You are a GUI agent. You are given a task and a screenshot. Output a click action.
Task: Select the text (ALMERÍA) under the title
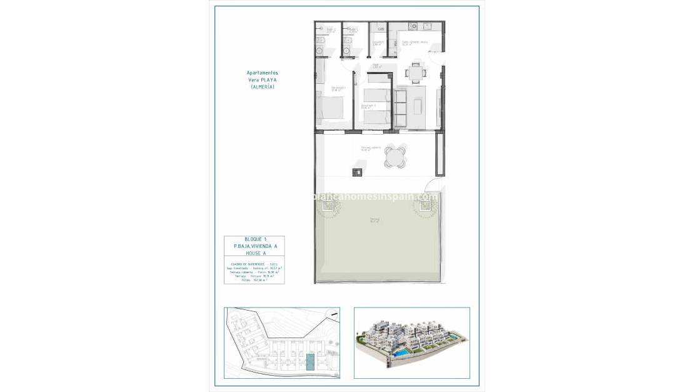pyautogui.click(x=262, y=87)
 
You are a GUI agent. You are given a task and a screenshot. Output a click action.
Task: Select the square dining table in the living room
pyautogui.click(x=416, y=73)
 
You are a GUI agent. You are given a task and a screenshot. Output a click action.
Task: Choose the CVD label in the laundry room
pyautogui.click(x=381, y=29)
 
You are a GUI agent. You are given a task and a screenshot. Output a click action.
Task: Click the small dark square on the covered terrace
pyautogui.click(x=358, y=173)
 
